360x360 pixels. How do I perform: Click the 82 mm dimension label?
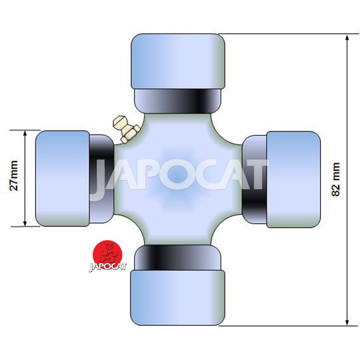tap(336, 179)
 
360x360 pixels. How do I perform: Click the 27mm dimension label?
tap(14, 175)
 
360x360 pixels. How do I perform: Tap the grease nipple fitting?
tap(126, 130)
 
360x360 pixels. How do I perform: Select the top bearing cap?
tap(178, 62)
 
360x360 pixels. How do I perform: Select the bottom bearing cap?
tap(178, 297)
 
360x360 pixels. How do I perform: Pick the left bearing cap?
tap(63, 178)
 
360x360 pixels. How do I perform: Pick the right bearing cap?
tap(293, 179)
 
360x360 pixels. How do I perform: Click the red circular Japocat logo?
tap(107, 254)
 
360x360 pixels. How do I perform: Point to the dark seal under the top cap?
tap(177, 101)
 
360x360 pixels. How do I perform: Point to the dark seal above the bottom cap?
tap(177, 257)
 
